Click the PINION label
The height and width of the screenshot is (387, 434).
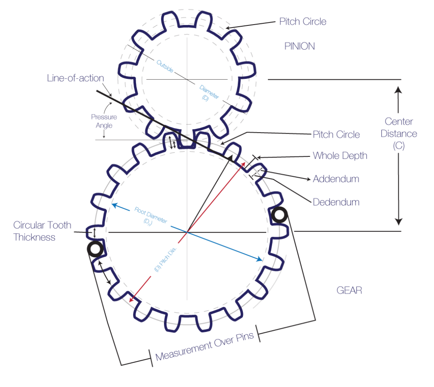pos(300,46)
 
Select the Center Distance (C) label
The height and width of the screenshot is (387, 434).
pos(398,134)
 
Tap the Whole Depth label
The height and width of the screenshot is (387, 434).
pos(339,156)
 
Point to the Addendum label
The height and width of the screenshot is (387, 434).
pos(336,179)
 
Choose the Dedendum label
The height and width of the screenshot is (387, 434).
pos(336,202)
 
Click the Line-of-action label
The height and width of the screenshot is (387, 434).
pos(75,78)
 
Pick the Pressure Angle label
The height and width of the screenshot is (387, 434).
pos(104,121)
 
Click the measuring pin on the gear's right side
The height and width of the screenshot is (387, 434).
pos(279,215)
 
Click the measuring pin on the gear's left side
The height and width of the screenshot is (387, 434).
pos(95,249)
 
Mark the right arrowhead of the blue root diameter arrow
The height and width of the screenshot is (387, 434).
pos(259,259)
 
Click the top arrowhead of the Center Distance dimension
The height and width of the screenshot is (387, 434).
pos(398,89)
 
